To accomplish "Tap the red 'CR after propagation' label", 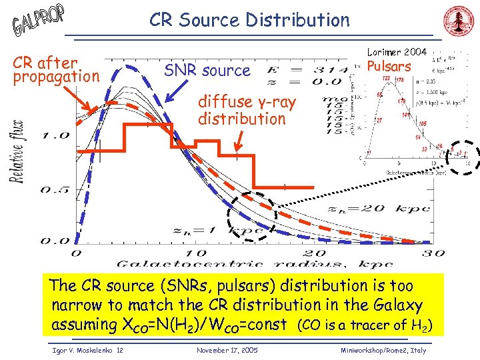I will click(55, 69).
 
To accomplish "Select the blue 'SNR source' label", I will click(207, 70).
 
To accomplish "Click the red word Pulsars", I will click(390, 66).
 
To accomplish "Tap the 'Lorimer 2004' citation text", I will click(397, 52).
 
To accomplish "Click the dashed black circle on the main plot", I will click(251, 215).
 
